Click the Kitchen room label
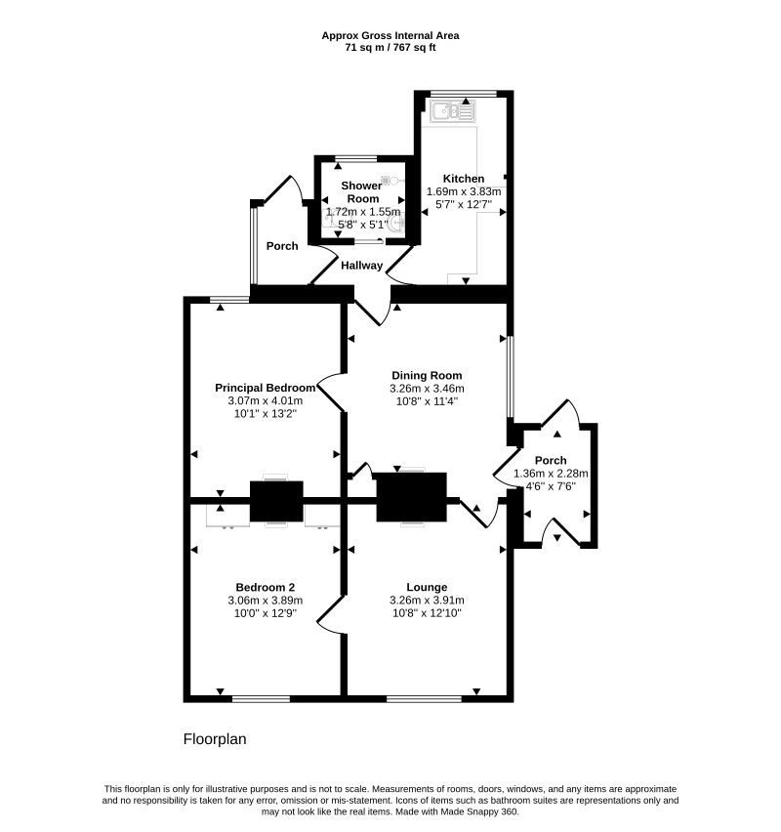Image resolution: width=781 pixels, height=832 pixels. coord(463,179)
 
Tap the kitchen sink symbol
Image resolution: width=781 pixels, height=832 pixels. coord(453,111)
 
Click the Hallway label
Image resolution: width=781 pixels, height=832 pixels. coord(361,266)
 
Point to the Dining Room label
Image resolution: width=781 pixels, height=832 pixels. coord(427,376)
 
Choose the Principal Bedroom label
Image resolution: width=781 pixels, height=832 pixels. coord(266,388)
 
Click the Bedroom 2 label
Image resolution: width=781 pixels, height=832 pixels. coord(266,588)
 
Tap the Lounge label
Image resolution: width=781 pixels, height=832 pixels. coord(427,588)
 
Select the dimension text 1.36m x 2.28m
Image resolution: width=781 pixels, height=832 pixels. coord(551,474)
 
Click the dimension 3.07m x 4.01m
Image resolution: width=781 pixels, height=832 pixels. coord(266,401)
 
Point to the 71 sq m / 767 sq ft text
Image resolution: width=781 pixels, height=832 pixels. coord(390,48)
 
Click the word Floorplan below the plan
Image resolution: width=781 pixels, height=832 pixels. coord(215,739)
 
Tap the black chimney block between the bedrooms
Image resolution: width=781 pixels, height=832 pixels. coord(276,501)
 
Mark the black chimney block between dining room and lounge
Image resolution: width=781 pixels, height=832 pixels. coord(412,497)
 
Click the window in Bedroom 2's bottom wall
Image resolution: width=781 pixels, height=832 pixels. coord(261,699)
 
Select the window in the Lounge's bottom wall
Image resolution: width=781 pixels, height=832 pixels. coord(424,699)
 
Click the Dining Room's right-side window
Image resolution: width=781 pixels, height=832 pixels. coord(510,376)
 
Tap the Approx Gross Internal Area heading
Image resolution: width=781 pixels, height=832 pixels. coord(390,35)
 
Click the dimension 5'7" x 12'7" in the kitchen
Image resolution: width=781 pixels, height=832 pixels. coord(464,205)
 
